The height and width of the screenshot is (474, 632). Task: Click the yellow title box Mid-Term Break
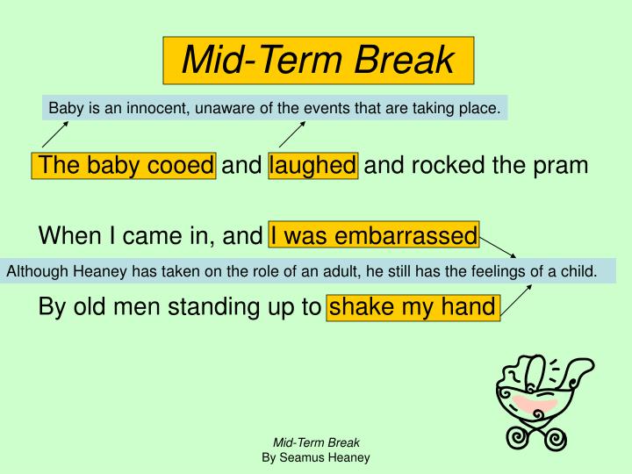point(318,60)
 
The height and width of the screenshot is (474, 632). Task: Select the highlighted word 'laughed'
point(313,165)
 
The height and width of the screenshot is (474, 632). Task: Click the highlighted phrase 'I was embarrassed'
point(374,235)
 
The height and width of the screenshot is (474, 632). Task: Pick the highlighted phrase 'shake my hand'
point(412,308)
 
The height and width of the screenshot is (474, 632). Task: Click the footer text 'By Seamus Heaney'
point(316,457)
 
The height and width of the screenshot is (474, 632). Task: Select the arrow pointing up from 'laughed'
point(292,134)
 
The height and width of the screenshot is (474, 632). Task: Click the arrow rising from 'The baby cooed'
point(54,134)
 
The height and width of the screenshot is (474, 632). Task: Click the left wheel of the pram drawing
point(518,434)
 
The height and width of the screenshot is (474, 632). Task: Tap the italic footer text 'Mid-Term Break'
point(316,442)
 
